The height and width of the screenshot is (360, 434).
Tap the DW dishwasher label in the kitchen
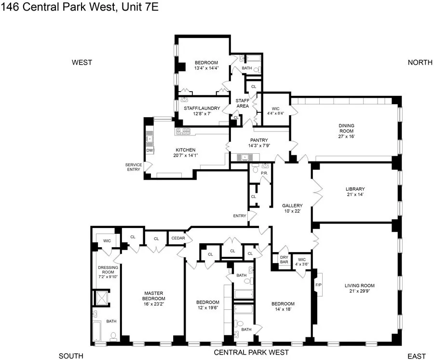coord(149,150)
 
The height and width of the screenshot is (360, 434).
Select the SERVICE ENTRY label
coord(133,167)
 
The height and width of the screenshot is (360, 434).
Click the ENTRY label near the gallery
coord(239,216)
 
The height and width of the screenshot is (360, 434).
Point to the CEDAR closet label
coord(176,238)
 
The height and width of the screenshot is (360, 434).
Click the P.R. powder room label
coord(264,173)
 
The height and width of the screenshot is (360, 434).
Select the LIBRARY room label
coord(355,189)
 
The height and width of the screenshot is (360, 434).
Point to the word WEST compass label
coord(81,63)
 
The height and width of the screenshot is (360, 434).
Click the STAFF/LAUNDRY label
coord(202,108)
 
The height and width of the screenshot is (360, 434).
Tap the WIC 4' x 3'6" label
coord(302,261)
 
